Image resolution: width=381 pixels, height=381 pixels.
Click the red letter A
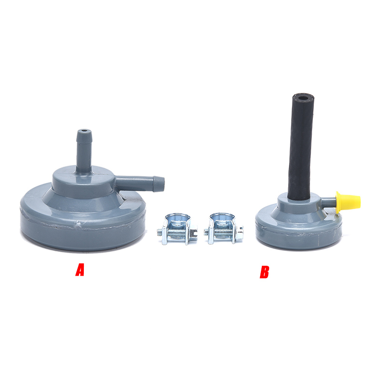coord(80,270)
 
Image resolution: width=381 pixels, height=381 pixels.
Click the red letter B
coord(264,272)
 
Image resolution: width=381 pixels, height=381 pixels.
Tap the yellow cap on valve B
coord(348,201)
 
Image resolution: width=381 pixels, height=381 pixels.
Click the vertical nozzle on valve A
coord(84,150)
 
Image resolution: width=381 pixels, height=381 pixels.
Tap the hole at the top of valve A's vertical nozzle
coord(84,130)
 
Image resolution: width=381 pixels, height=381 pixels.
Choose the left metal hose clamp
coord(177,229)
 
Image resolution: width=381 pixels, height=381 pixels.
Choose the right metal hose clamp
coord(223,228)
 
